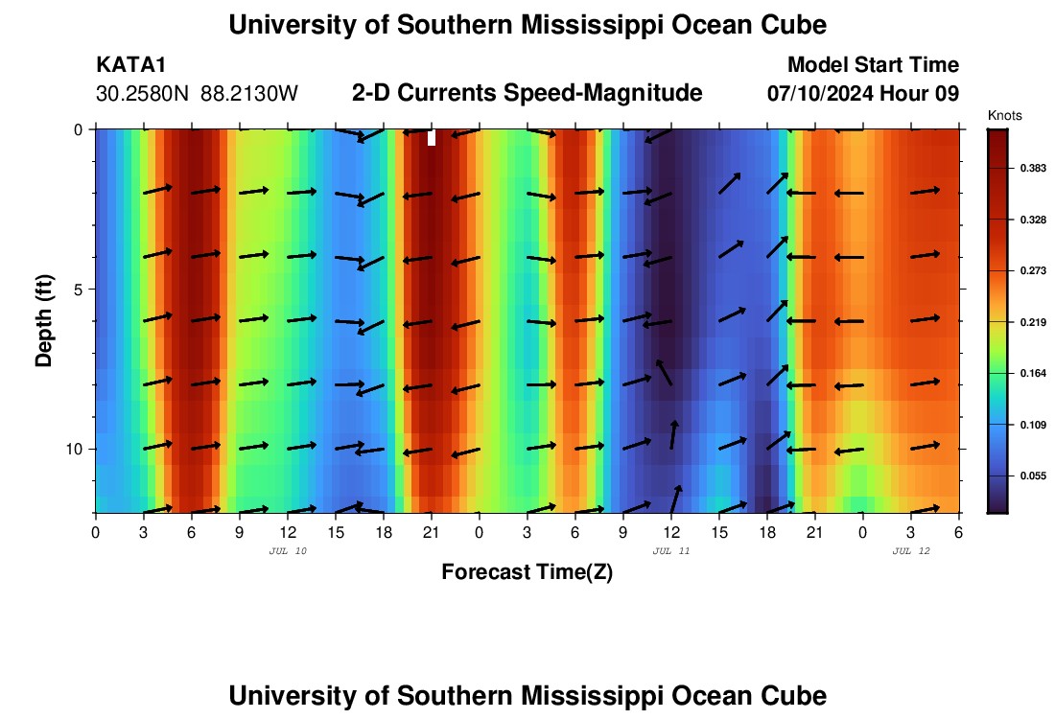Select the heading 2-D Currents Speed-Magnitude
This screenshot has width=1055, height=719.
point(527,93)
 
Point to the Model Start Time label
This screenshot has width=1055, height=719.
point(873,65)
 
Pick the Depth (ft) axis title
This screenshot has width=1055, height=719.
point(44,320)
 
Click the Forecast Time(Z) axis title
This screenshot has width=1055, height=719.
point(527,572)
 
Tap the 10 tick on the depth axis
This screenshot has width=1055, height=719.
point(79,449)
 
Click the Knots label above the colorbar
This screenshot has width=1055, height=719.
point(1004,116)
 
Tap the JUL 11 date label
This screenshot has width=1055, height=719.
point(670,551)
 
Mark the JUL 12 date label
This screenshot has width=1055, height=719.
point(910,551)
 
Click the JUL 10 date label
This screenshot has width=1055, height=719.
point(287,551)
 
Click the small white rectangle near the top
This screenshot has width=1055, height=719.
point(432,138)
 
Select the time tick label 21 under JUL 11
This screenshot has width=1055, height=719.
point(814,532)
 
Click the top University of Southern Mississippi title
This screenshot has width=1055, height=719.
point(527,25)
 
